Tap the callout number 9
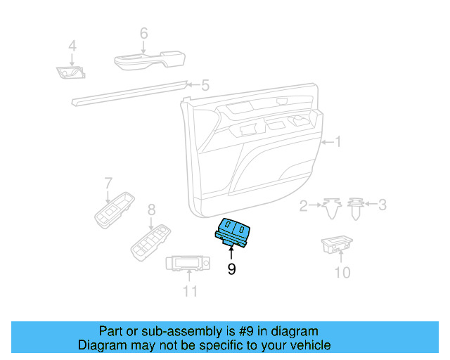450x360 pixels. coord(231,269)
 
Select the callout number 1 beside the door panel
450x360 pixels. coord(337,143)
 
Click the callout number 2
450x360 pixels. coord(304,205)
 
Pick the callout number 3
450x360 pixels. coord(382,205)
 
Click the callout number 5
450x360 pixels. coord(205,86)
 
